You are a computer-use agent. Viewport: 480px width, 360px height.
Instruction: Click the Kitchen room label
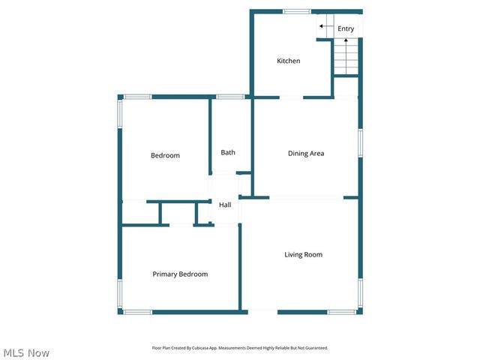pos(289,61)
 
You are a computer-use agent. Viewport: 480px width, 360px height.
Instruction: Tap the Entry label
pos(346,29)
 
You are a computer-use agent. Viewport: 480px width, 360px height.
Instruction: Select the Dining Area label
pos(306,154)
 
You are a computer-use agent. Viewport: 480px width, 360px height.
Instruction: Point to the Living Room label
pos(303,255)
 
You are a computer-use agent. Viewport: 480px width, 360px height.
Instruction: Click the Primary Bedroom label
pos(180,274)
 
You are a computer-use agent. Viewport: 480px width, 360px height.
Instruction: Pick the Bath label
pos(228,153)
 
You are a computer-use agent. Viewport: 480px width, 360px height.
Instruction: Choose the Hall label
pos(225,205)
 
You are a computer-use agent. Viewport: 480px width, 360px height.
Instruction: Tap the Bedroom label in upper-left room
pos(165,156)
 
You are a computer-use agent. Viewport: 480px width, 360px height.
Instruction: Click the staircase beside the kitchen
pos(346,57)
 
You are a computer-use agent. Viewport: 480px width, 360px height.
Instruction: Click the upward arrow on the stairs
pos(346,43)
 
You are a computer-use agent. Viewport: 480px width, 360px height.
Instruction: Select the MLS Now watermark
pos(26,352)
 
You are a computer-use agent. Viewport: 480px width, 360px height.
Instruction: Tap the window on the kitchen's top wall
pos(297,11)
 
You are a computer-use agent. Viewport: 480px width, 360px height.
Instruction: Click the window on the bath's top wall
pos(230,97)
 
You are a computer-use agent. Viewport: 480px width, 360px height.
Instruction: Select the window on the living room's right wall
pos(360,292)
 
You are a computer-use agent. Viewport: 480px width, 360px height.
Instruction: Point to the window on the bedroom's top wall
pos(137,97)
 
